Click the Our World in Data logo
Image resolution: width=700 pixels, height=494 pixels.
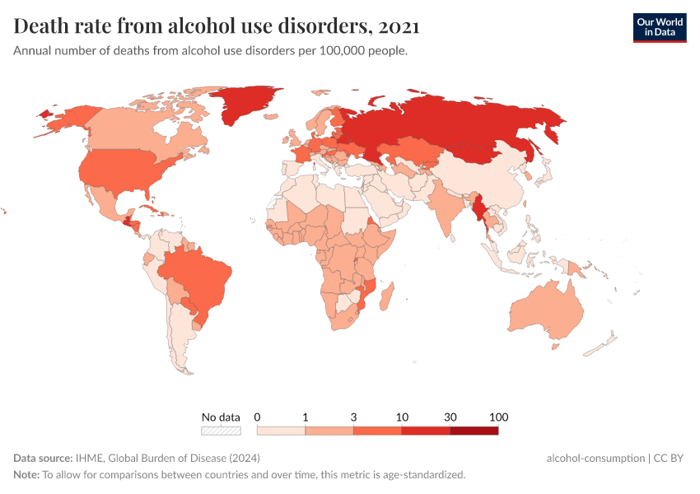(659, 26)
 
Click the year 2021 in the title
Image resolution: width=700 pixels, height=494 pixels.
(400, 26)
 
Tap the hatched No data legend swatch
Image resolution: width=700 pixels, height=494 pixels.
(221, 430)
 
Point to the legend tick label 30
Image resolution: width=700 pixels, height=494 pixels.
(450, 417)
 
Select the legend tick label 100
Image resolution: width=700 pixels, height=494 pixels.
(498, 417)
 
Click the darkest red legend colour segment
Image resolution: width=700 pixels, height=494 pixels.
(474, 430)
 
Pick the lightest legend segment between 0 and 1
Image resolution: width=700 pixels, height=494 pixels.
(281, 430)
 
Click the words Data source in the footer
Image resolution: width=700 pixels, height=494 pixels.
(43, 458)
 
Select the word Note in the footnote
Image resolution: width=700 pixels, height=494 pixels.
(26, 474)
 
